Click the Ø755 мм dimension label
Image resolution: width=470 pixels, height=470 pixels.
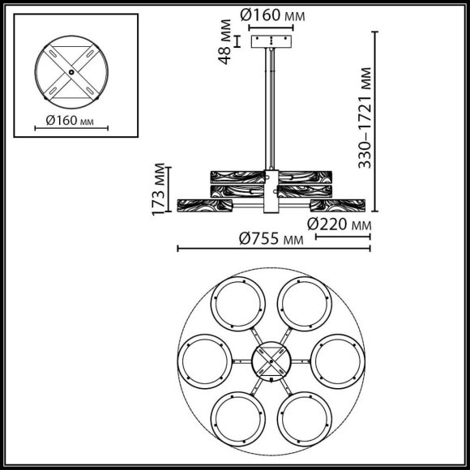coord(266,238)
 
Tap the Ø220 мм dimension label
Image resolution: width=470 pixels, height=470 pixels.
coord(340,224)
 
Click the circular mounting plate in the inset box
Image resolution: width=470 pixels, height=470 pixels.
coord(70,71)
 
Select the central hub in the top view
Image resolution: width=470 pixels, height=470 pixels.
coord(270,360)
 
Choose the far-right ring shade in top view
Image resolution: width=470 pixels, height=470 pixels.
coord(337,360)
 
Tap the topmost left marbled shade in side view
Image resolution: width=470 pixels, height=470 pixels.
coord(235,176)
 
